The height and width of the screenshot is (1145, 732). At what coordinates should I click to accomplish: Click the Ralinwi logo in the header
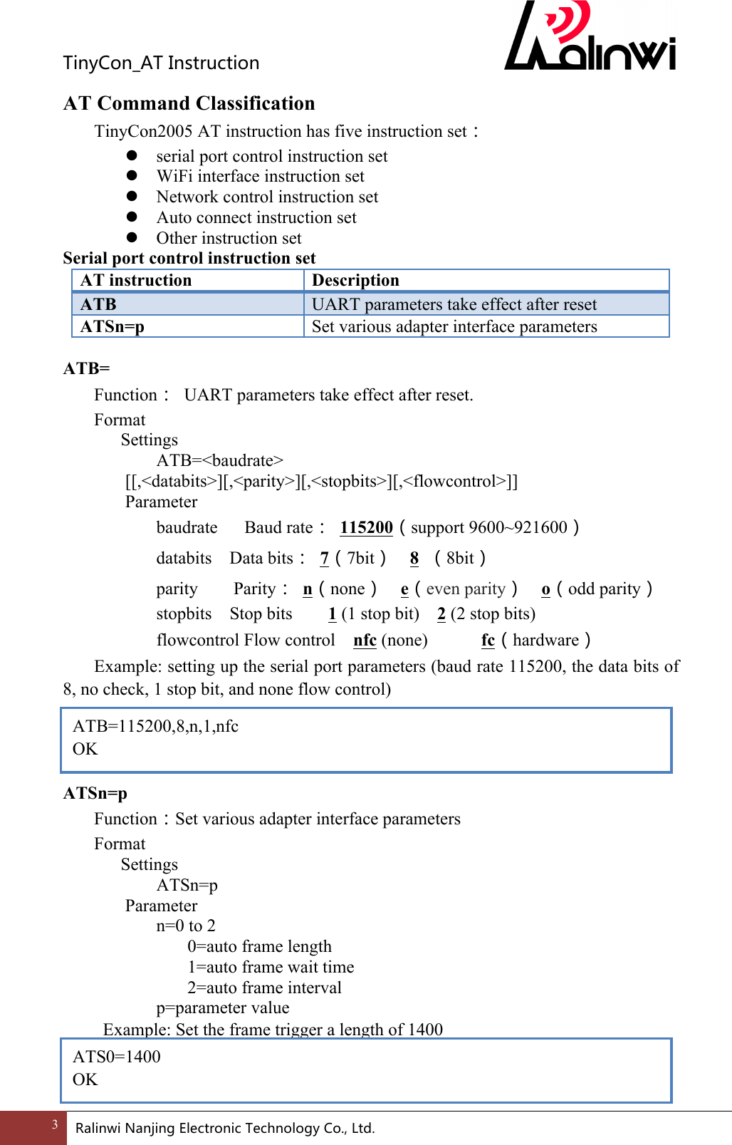click(590, 39)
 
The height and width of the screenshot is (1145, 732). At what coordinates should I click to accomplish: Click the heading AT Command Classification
click(189, 103)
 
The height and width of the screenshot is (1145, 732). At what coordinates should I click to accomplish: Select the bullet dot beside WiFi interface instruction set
click(132, 175)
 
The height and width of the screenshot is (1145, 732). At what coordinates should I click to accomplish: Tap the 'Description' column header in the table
click(355, 280)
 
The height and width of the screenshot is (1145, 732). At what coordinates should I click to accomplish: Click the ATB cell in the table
click(98, 304)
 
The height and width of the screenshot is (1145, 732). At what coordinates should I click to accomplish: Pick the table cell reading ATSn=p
click(113, 326)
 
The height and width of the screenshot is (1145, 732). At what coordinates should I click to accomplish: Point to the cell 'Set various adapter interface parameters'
click(454, 326)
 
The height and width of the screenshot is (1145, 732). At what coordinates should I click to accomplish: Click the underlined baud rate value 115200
click(366, 527)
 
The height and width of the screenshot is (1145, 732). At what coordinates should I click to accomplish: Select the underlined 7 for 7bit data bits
click(324, 558)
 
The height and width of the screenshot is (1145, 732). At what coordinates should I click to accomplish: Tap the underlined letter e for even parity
click(404, 589)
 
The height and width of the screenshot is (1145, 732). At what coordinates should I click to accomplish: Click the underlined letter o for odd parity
click(545, 589)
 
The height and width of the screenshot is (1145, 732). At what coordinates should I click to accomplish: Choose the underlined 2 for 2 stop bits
click(441, 614)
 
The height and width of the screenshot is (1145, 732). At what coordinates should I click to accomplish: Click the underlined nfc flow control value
click(365, 640)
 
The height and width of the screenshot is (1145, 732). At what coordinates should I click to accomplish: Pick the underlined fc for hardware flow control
click(488, 640)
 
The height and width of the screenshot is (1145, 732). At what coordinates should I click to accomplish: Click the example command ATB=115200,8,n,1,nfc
click(155, 726)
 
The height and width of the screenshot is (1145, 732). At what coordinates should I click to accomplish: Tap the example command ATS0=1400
click(117, 1057)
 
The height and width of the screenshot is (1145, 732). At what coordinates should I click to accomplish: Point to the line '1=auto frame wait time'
click(271, 967)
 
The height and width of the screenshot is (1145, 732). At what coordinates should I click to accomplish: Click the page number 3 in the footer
click(55, 1125)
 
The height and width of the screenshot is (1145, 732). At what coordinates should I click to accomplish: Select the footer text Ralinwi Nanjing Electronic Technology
click(224, 1128)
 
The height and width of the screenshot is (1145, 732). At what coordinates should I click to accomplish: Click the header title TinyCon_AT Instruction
click(161, 63)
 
